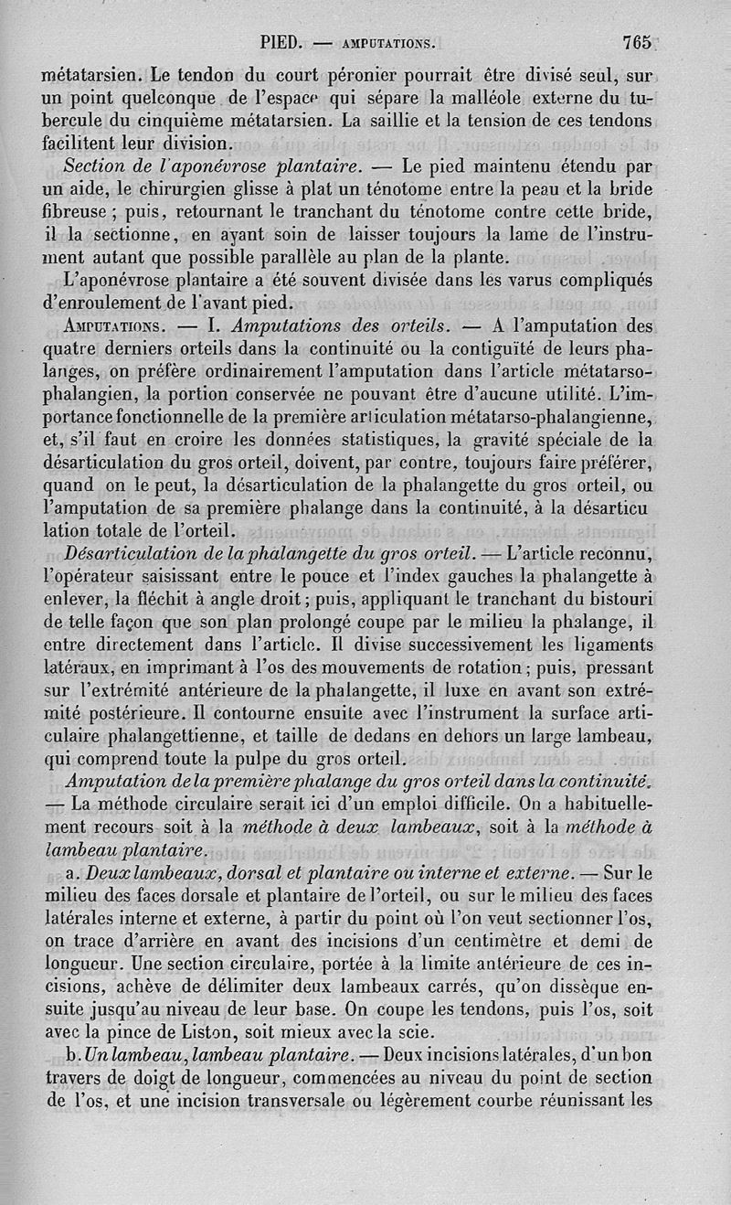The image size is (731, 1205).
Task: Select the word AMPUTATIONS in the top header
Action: [387, 43]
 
